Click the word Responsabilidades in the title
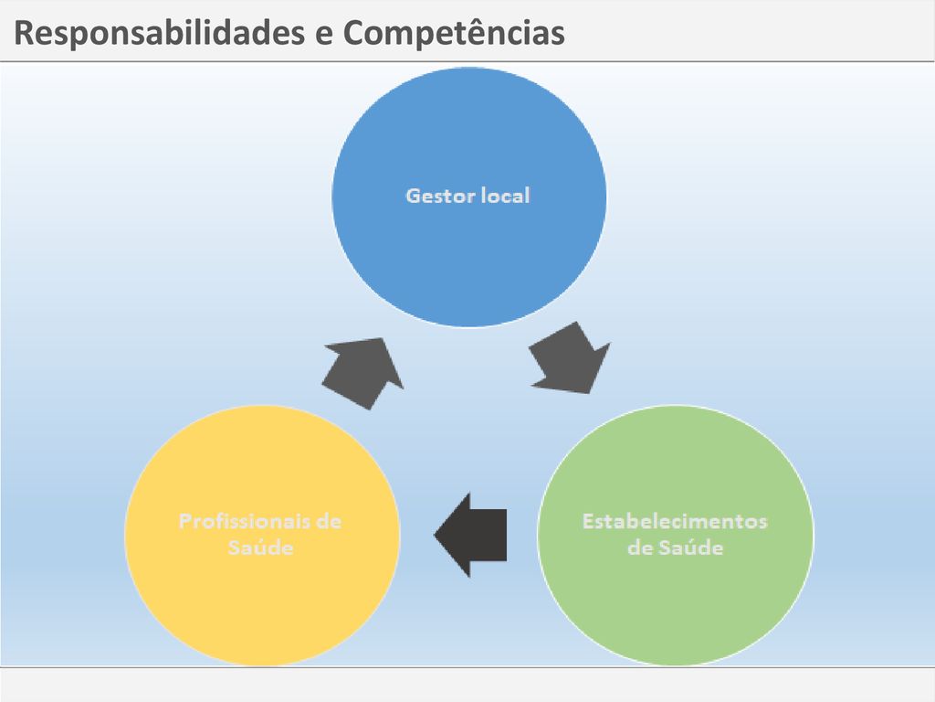coord(159,34)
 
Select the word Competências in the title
coord(454,33)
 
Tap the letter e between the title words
coord(324,36)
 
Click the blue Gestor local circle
coord(468,197)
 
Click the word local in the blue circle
coord(505,196)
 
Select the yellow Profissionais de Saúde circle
coord(262,535)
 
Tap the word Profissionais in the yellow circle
coord(243,521)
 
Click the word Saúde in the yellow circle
coord(260,548)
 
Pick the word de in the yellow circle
coord(329,521)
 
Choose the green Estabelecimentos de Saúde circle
coord(675,535)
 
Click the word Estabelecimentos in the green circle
coord(675,521)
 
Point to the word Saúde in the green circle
coord(691,548)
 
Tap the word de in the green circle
coord(640,548)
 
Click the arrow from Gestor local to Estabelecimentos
coord(570,359)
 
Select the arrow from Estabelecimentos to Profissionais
coord(471,535)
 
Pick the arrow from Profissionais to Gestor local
coord(363,373)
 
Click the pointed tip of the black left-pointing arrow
coord(435,535)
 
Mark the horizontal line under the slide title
coord(467,61)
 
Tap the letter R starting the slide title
coord(25,34)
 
